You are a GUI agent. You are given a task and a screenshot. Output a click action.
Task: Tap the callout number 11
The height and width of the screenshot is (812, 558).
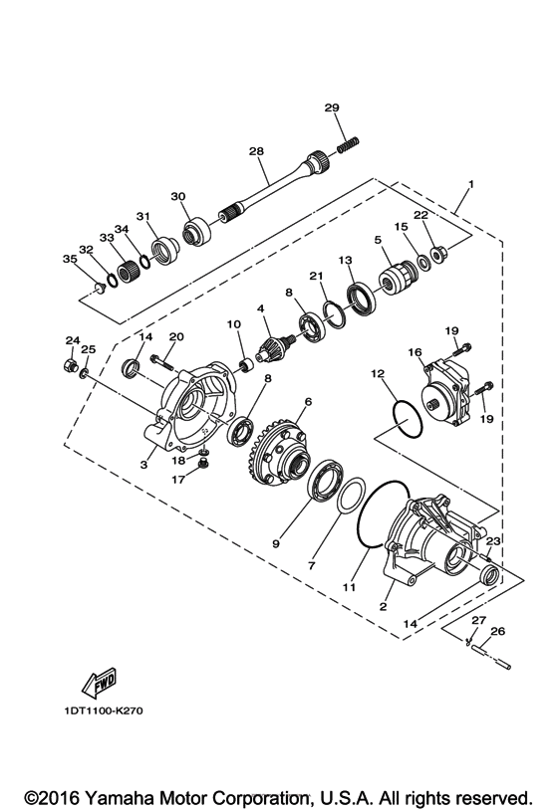coord(349,588)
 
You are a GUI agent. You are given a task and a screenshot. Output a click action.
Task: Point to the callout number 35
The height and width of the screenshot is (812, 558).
coord(69,259)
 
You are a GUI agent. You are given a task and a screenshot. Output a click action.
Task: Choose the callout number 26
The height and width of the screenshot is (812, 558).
coord(498,631)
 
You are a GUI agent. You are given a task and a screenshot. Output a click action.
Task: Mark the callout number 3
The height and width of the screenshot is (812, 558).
coord(143,465)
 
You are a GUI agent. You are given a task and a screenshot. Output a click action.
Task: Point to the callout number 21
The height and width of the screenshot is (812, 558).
coord(316,276)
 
